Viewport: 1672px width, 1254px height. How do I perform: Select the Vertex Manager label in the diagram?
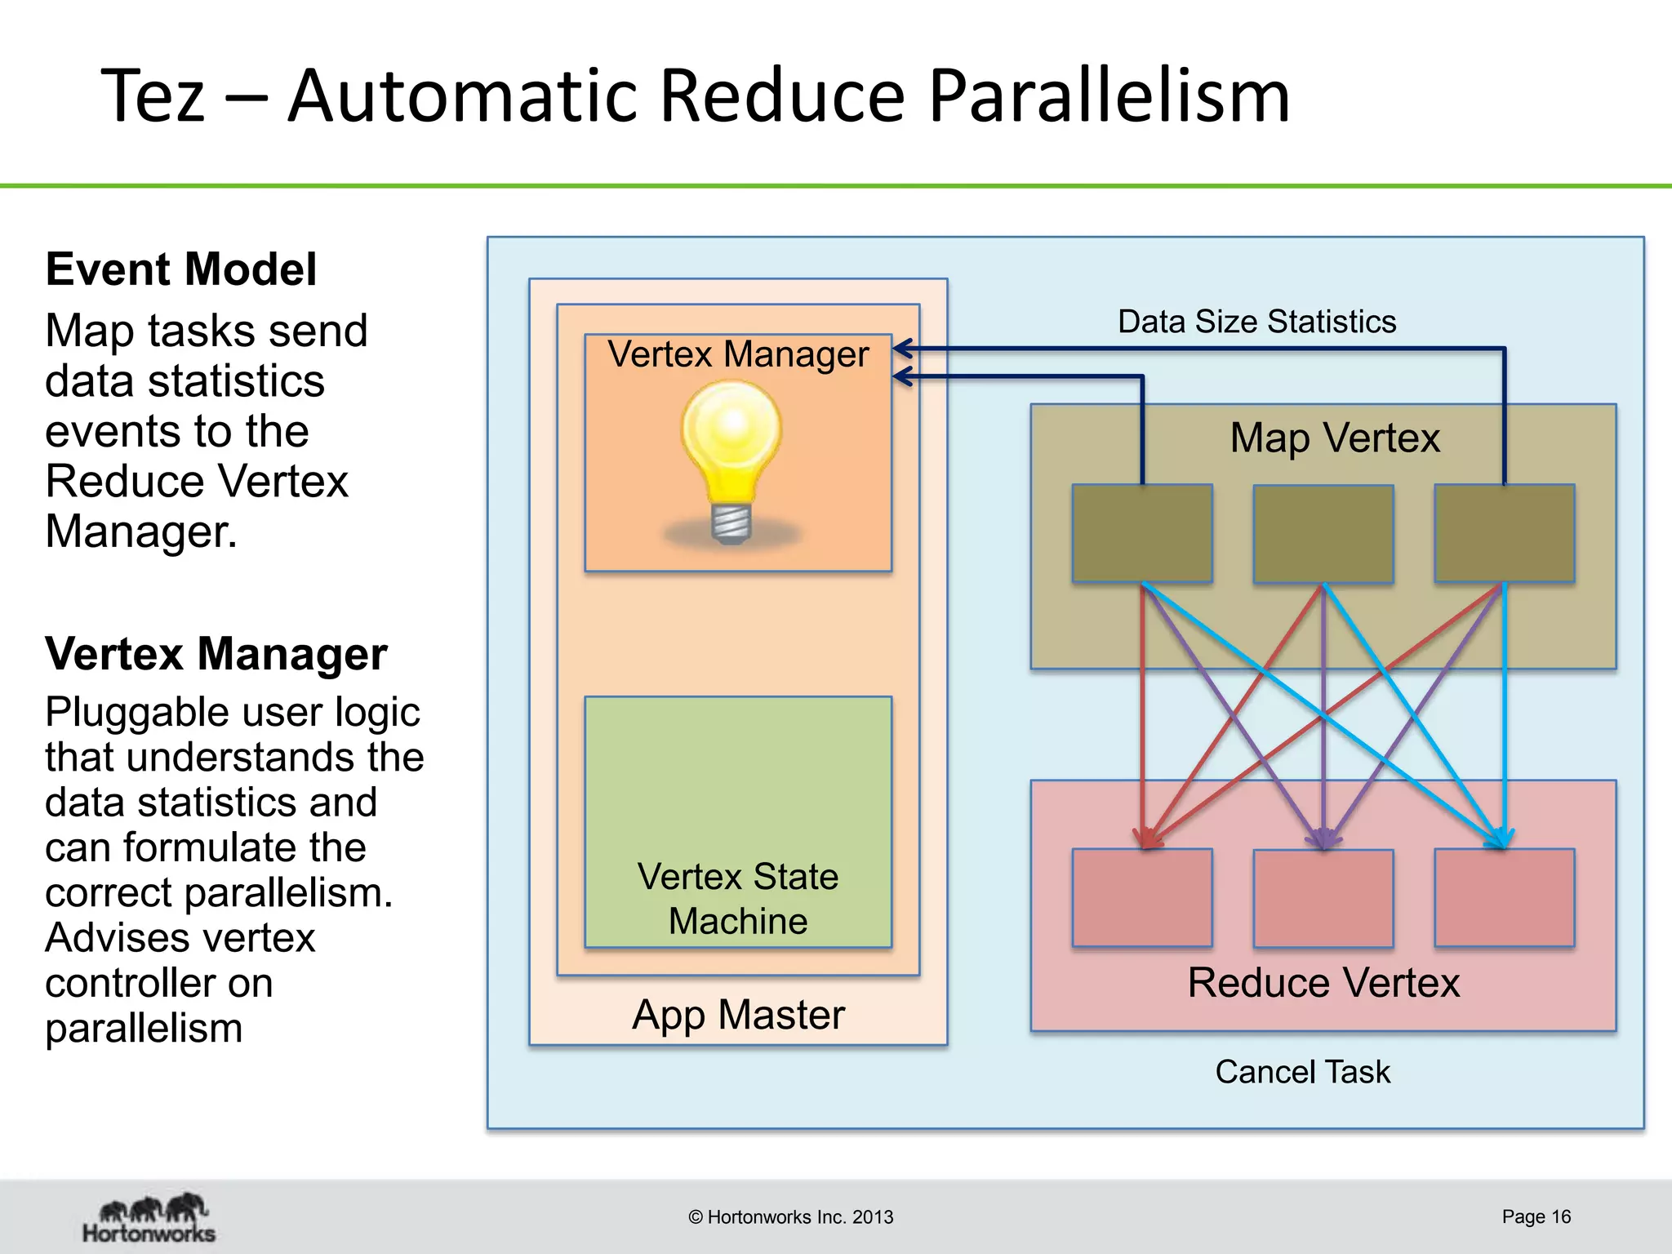click(x=738, y=354)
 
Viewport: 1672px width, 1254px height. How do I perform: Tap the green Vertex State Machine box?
click(x=738, y=821)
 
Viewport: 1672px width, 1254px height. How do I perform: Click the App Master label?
click(x=738, y=1015)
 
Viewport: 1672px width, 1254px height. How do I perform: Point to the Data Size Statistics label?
click(x=1256, y=322)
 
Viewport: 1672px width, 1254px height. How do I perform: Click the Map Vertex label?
click(x=1335, y=438)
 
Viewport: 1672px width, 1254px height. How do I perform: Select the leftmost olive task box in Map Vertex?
click(x=1142, y=534)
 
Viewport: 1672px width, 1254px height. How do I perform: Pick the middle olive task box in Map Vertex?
click(x=1323, y=534)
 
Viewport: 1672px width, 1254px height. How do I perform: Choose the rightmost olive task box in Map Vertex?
click(x=1505, y=534)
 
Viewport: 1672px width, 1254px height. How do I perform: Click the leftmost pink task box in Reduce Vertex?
click(x=1142, y=898)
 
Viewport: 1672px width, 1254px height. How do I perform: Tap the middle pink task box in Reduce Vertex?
click(x=1323, y=898)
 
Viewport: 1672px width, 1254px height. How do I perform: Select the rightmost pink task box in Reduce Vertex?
click(x=1505, y=898)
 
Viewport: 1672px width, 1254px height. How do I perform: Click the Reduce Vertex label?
click(x=1323, y=982)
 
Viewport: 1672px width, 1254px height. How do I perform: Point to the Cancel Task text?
click(x=1302, y=1072)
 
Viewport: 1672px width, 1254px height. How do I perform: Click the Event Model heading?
click(x=180, y=269)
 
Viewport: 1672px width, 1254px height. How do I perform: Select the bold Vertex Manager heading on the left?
click(x=216, y=654)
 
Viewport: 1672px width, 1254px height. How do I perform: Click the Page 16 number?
click(x=1536, y=1216)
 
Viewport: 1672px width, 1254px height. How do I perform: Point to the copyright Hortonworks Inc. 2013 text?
click(x=790, y=1217)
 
